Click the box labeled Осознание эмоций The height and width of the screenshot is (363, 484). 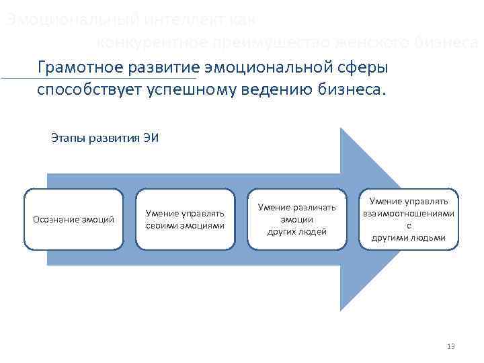73,219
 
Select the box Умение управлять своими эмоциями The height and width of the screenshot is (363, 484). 185,219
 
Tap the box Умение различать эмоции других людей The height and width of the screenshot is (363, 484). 296,219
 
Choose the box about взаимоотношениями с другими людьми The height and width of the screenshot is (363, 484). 409,219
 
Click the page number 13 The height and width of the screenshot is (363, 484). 450,346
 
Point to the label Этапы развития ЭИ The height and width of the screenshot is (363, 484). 104,138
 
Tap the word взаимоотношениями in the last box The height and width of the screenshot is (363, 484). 409,214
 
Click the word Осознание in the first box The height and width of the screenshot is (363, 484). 56,219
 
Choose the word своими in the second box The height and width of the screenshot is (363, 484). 163,225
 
